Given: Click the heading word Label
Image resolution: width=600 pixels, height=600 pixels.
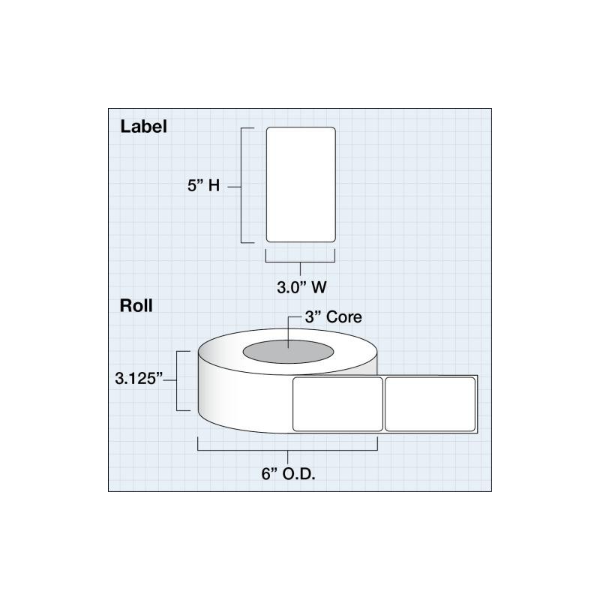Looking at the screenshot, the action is [143, 127].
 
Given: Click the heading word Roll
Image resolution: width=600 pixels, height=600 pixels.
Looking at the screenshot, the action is [136, 306].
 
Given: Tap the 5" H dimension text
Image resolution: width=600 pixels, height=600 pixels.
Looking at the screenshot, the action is [203, 185].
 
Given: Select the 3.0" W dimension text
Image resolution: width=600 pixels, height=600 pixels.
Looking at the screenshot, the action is [301, 287].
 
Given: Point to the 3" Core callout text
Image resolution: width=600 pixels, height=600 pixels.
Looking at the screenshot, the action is [333, 316].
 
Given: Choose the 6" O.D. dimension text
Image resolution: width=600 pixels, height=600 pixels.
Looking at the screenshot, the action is [288, 474].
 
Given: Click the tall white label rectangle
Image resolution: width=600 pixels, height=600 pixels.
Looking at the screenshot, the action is [301, 184].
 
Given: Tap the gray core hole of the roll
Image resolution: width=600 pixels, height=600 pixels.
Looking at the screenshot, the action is [288, 352].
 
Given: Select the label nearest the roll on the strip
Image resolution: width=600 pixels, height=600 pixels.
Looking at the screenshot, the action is [337, 404].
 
